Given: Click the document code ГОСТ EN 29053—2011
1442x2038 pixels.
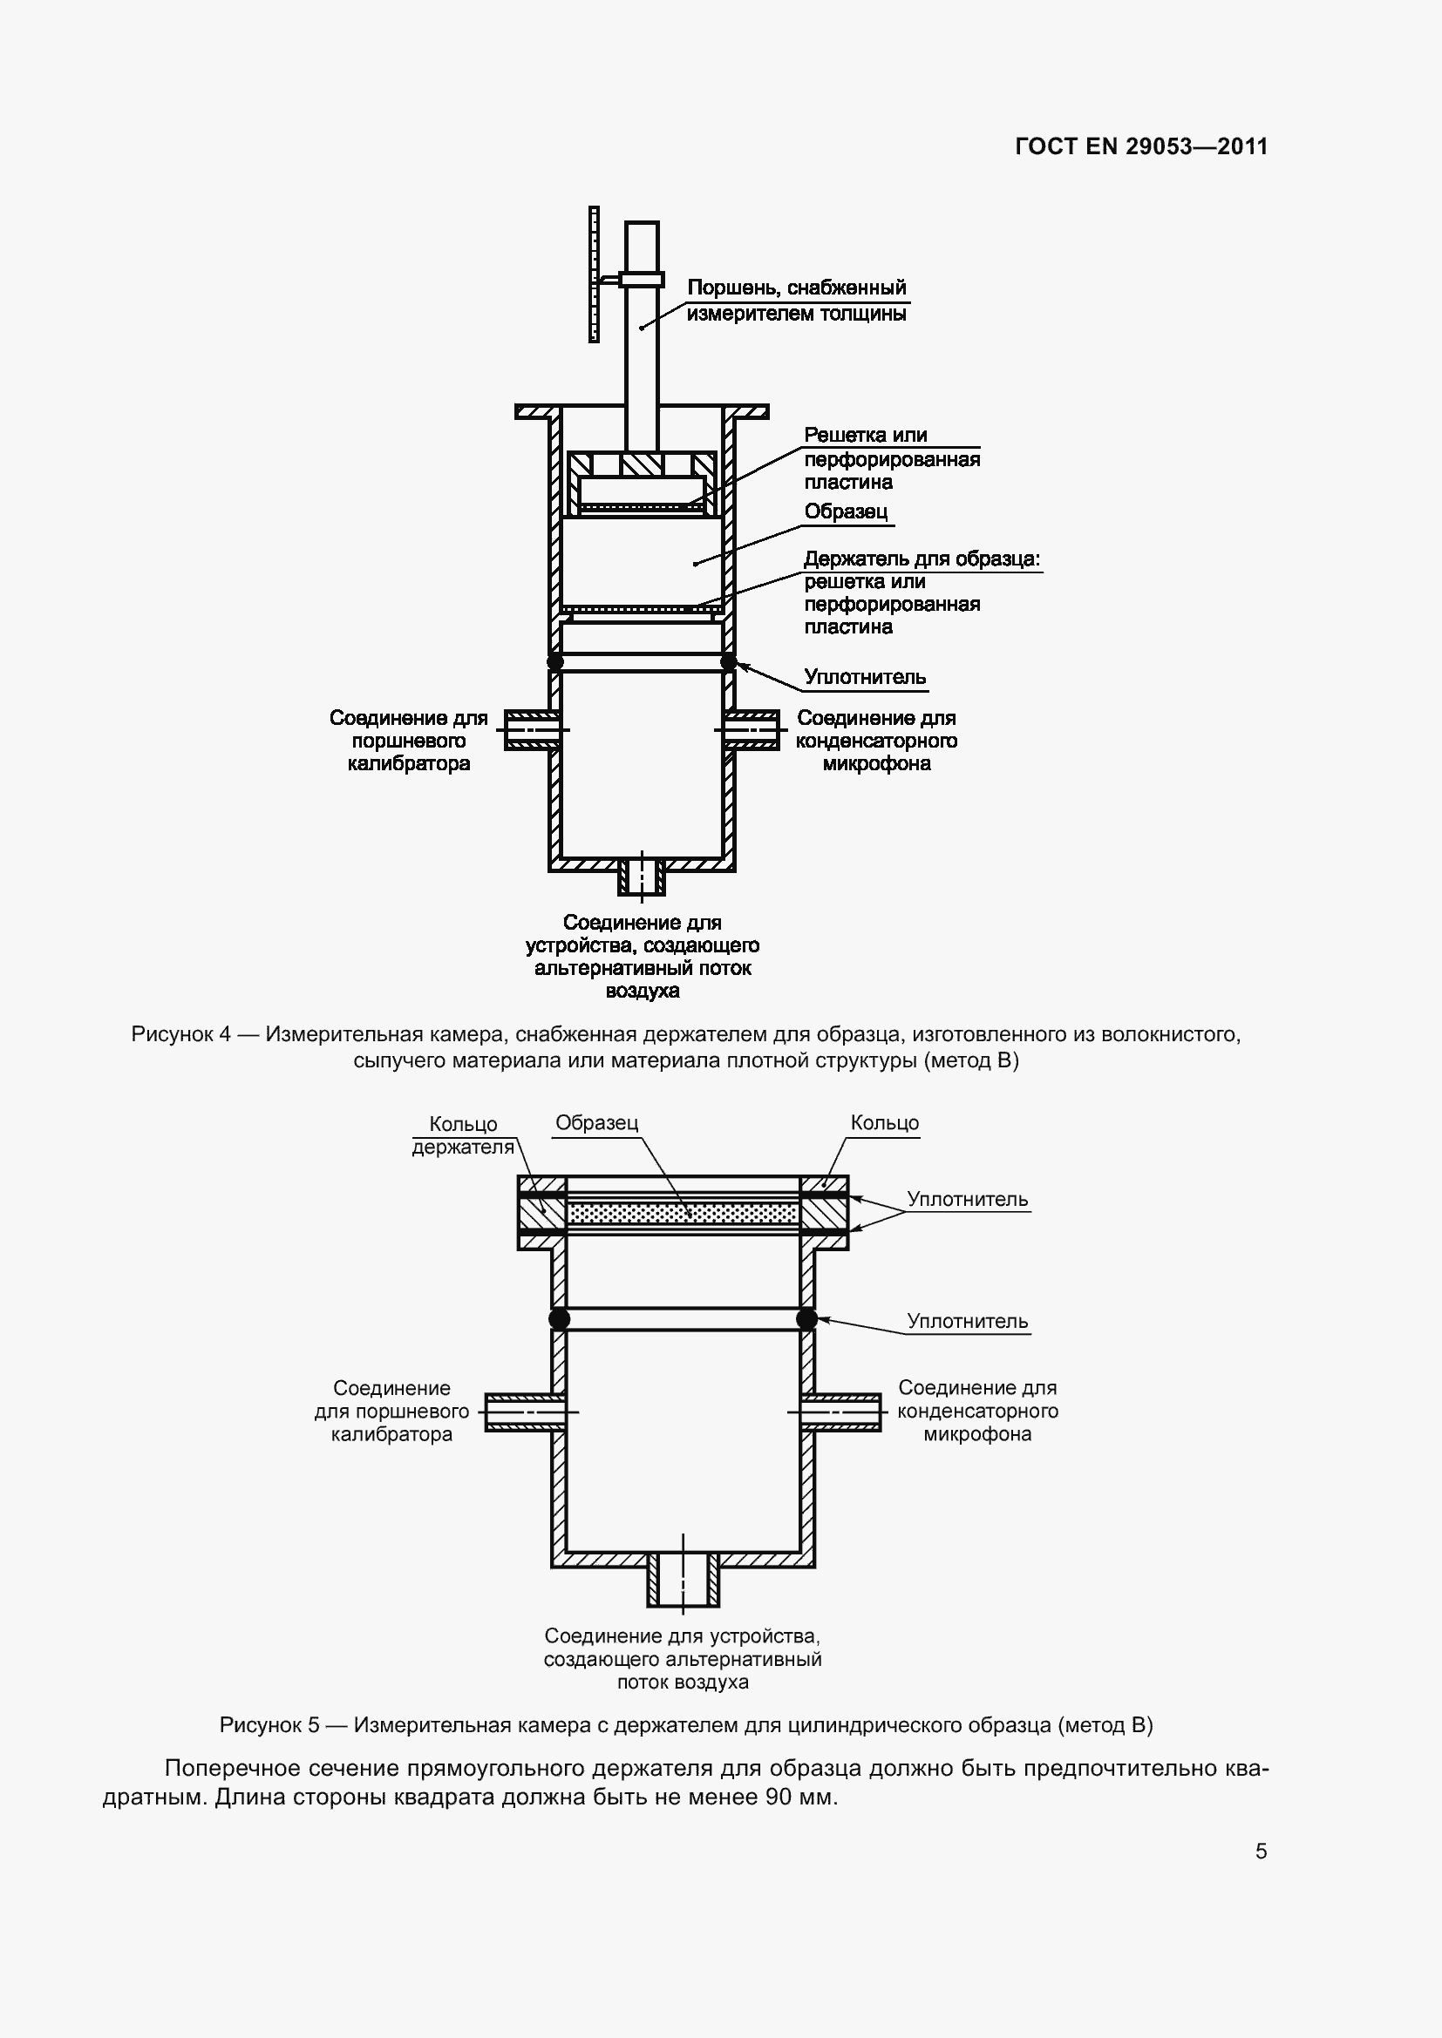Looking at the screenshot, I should point(1141,146).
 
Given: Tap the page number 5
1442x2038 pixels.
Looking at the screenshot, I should point(1261,1851).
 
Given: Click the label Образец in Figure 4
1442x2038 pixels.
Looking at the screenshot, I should point(846,512).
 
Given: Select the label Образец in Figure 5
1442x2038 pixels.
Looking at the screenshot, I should point(596,1123).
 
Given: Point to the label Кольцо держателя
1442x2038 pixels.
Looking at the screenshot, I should point(463,1135).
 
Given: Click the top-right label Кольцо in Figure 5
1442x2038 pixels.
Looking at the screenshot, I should point(884,1123).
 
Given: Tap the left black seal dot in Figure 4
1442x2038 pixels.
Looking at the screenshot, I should point(555,662).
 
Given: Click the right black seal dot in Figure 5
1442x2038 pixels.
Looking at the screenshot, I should point(807,1319).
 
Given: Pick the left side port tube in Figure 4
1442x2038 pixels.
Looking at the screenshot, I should point(530,729).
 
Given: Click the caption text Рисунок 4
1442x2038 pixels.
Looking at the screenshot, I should point(181,1034).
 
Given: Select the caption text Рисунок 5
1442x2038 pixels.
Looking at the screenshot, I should point(269,1724).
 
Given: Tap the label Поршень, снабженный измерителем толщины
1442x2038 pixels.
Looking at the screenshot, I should point(797,300).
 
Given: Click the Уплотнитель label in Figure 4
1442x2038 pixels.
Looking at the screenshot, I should point(865,677).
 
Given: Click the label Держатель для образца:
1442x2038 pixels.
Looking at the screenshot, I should point(922,559).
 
